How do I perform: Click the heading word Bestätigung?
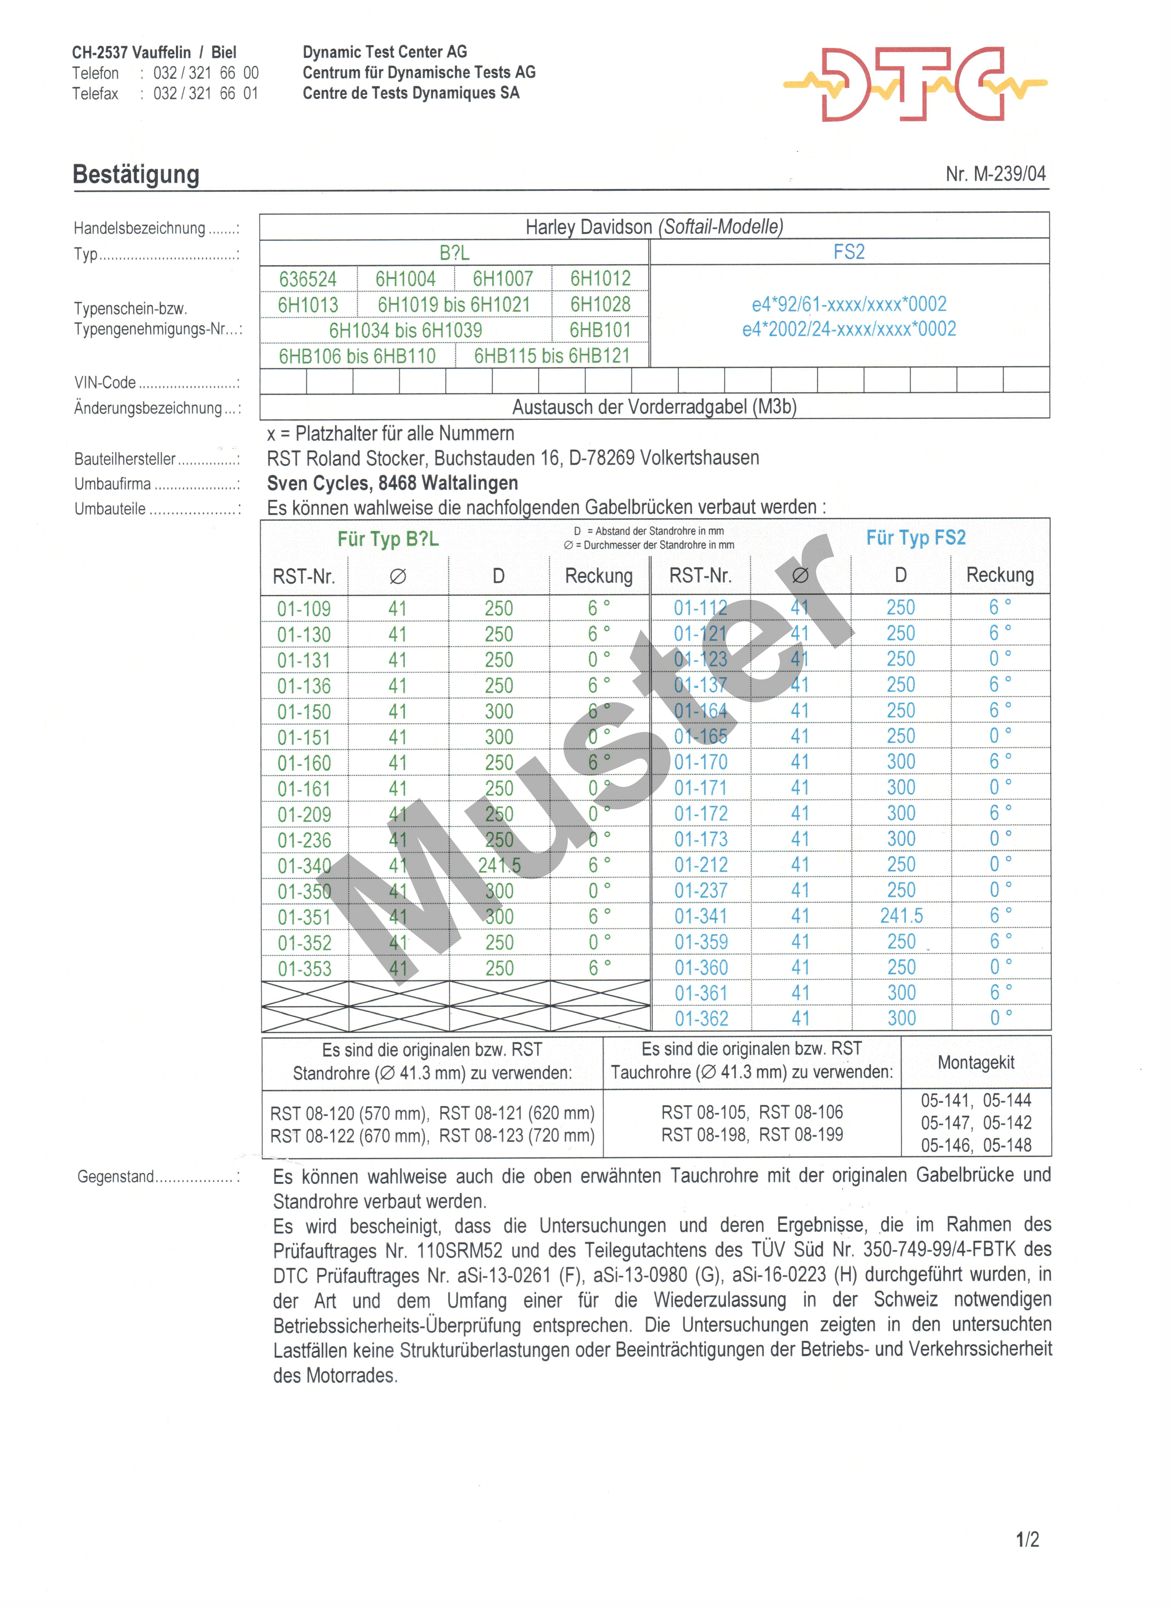point(136,174)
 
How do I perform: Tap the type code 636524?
point(308,279)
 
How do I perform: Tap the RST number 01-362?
point(701,1019)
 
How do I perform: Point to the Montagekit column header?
point(976,1062)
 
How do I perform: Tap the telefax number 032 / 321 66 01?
point(206,94)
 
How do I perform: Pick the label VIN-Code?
point(105,383)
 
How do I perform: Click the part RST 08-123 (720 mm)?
point(517,1136)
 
